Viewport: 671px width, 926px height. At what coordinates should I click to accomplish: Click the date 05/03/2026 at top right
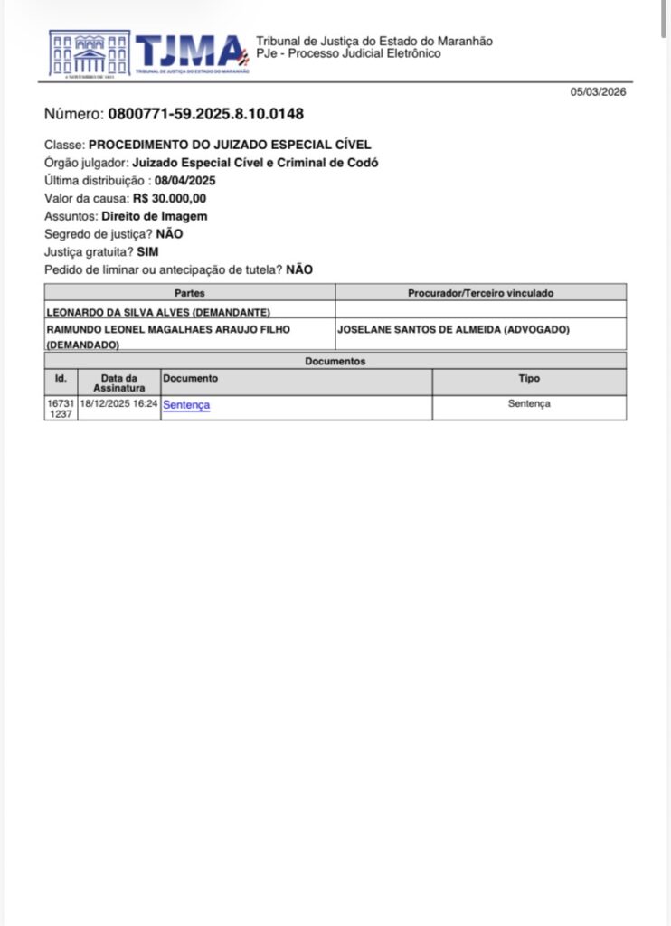(x=598, y=91)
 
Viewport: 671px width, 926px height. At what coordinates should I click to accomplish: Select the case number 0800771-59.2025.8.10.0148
(x=205, y=114)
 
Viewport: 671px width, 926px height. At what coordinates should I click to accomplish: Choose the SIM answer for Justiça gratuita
(x=147, y=252)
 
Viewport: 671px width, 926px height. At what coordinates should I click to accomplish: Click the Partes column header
(x=190, y=293)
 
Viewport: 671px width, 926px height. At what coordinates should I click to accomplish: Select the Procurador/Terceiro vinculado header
(x=480, y=293)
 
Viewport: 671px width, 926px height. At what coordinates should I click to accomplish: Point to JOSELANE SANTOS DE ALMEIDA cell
(x=453, y=330)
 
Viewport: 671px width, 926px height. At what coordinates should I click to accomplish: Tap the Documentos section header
(x=335, y=361)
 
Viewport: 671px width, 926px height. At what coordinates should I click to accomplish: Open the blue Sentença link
(x=186, y=405)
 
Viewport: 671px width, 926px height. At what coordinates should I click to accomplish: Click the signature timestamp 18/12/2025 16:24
(x=118, y=404)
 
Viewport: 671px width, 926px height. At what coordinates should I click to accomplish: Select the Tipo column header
(x=529, y=378)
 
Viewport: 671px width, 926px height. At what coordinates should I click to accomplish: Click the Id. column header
(x=61, y=378)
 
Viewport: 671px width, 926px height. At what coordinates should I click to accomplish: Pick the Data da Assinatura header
(x=118, y=383)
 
